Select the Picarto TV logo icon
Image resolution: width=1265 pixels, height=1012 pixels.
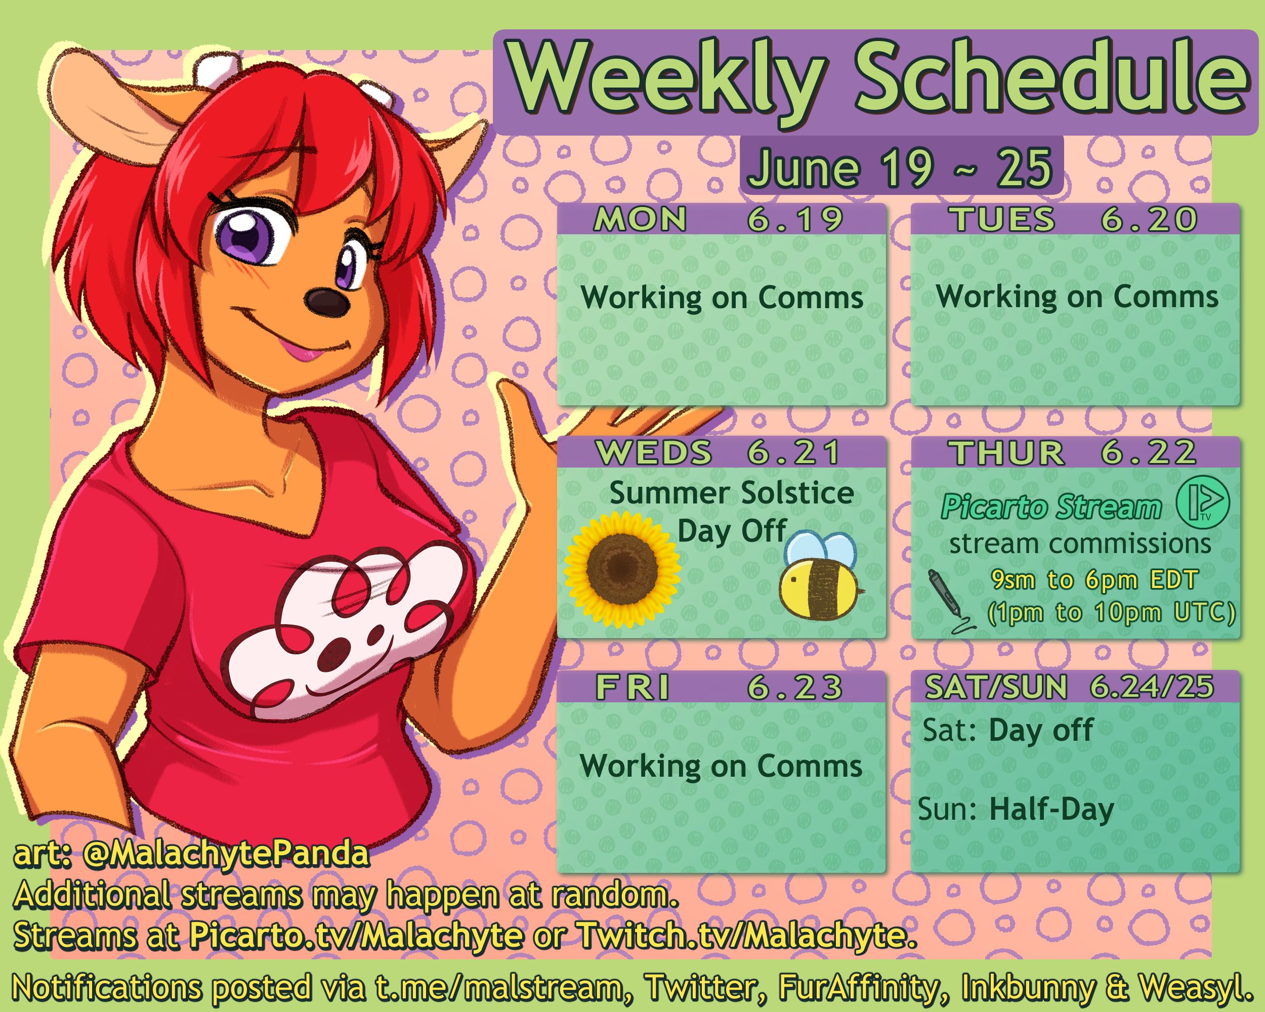coord(1203,501)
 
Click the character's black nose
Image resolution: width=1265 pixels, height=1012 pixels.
coord(326,302)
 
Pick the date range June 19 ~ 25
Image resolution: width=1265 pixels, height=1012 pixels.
coord(901,168)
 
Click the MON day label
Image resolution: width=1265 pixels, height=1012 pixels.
coord(640,220)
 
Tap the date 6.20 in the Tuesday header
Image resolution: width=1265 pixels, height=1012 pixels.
coord(1149,220)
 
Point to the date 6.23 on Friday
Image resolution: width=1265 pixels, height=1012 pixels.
coord(795,687)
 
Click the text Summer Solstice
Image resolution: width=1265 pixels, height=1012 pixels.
coord(732,493)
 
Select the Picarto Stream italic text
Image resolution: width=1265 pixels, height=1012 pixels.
coord(1051,507)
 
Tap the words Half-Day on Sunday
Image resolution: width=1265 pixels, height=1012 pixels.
coord(1051,810)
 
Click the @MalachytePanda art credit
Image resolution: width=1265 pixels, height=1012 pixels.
coord(226,853)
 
